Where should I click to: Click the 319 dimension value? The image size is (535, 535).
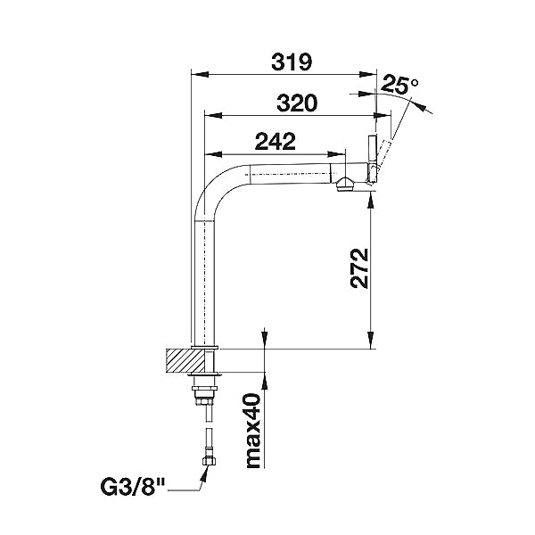(x=292, y=62)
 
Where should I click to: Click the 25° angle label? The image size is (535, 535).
(x=399, y=86)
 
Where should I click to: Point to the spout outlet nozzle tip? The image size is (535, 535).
(x=345, y=185)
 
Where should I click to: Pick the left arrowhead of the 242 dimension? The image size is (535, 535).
(x=211, y=153)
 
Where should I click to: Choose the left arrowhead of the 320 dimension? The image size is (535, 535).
(x=211, y=114)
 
